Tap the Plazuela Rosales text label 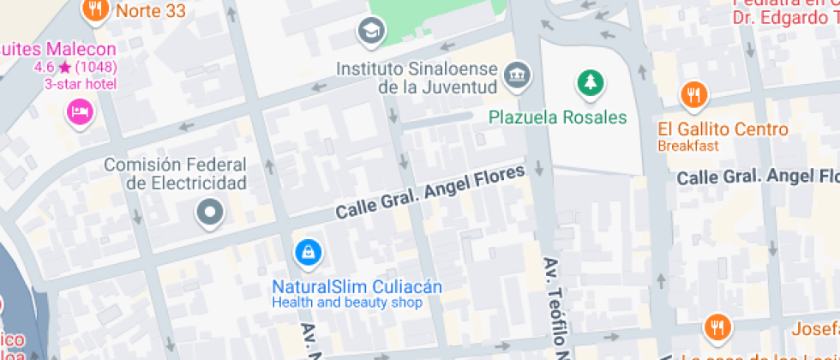coord(558,117)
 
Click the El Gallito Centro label coord(723,130)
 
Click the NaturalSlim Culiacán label coord(357,286)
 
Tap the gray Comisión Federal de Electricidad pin coord(209,210)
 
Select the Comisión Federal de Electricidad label coord(186,173)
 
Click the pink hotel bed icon coord(80,111)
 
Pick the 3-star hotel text coord(81,83)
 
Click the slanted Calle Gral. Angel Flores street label coord(429,192)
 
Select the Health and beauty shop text coord(347,303)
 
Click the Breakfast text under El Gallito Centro coord(688,146)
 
